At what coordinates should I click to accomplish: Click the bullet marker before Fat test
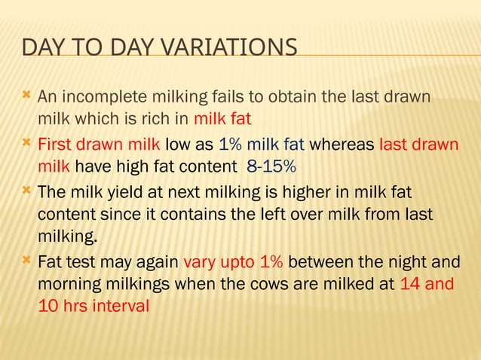point(26,261)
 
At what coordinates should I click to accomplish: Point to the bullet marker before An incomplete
point(26,95)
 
